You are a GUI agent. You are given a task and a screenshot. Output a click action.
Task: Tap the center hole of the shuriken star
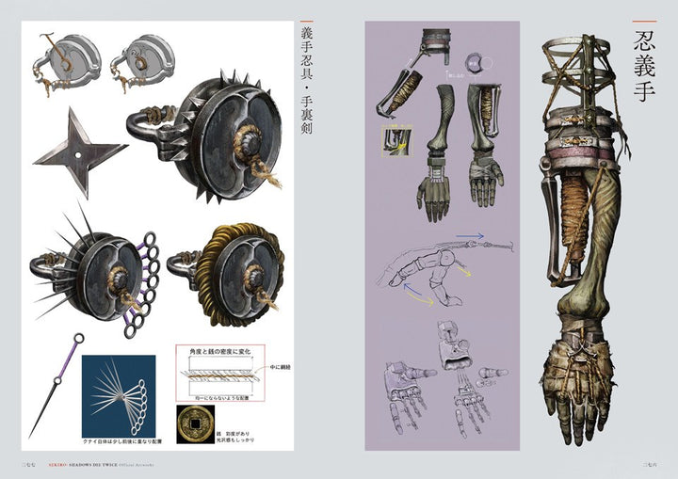(x=73, y=150)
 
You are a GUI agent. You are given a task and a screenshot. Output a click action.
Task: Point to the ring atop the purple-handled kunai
(x=78, y=339)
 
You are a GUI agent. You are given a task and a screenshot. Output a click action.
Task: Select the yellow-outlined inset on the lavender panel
(x=388, y=137)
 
